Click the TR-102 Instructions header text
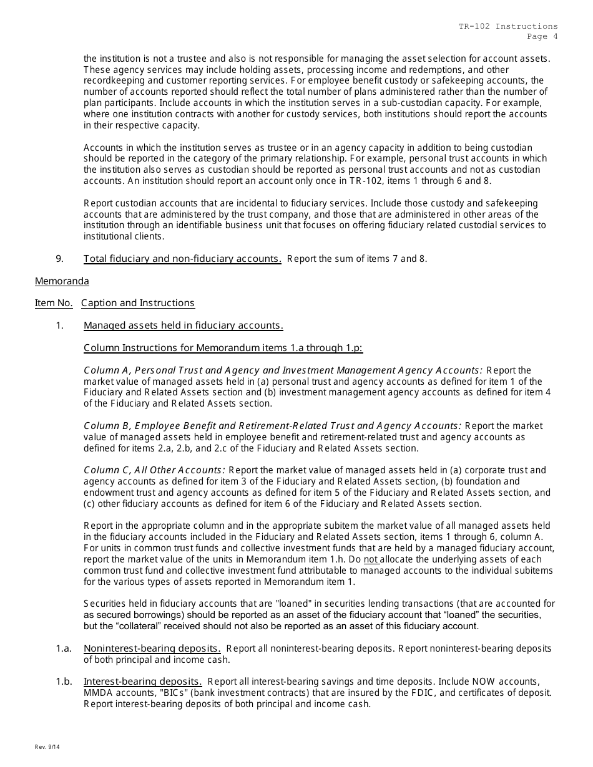click(x=508, y=26)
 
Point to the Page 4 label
click(x=542, y=36)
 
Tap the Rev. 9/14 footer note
click(x=47, y=747)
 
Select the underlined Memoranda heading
click(x=62, y=281)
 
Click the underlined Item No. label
click(x=54, y=303)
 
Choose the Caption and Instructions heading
click(x=137, y=303)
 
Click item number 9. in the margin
click(x=60, y=259)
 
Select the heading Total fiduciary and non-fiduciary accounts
click(x=182, y=259)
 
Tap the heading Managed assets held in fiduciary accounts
click(x=184, y=326)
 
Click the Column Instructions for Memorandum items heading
click(x=223, y=348)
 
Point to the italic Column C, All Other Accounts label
click(x=154, y=470)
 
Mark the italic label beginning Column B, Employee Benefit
click(x=272, y=426)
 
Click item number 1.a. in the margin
click(x=63, y=649)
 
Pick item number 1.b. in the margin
click(x=63, y=682)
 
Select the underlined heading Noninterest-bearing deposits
click(x=152, y=649)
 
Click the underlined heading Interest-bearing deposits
click(x=142, y=682)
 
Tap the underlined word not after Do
click(x=371, y=559)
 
